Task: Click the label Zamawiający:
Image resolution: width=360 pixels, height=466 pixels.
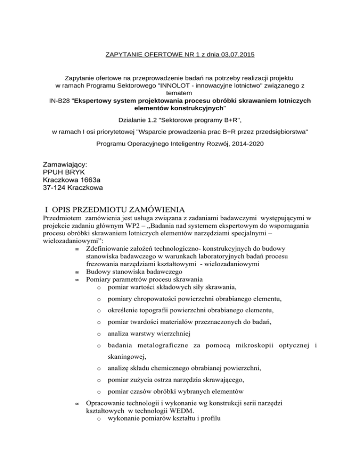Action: click(65, 165)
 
